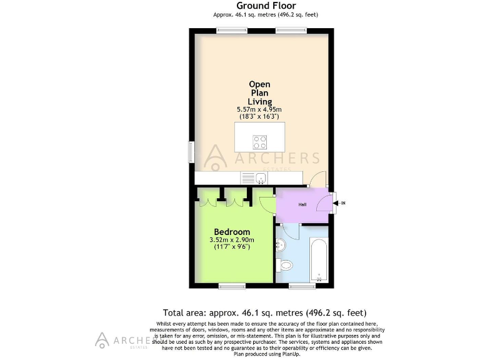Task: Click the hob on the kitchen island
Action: (x=259, y=142)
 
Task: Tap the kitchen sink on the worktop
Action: (x=261, y=179)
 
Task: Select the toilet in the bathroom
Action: (x=284, y=265)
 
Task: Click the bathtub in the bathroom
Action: (x=319, y=260)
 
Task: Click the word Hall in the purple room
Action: (x=302, y=204)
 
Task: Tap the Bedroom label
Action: (x=232, y=232)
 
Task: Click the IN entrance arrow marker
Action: (x=341, y=202)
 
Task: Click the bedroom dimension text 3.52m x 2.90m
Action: (x=232, y=240)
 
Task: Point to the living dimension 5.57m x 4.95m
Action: (x=259, y=110)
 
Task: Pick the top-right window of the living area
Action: (x=291, y=30)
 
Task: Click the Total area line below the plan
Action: (x=264, y=312)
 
